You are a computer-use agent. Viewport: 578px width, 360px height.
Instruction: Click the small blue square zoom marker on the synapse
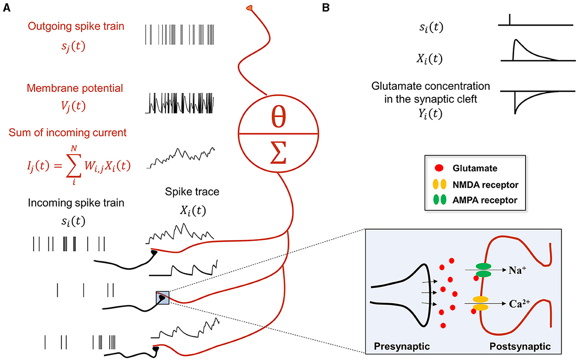[163, 298]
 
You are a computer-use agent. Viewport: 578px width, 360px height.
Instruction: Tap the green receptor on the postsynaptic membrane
[483, 270]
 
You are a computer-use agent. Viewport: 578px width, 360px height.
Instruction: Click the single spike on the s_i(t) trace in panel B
[510, 20]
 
